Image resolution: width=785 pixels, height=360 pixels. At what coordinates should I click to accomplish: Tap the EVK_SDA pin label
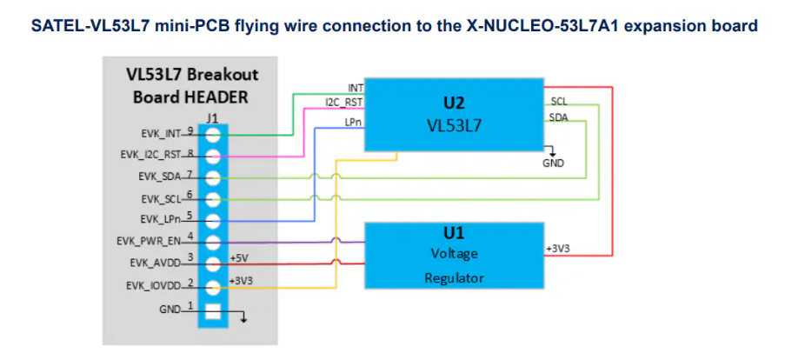click(158, 177)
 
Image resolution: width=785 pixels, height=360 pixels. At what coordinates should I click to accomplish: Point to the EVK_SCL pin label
click(158, 197)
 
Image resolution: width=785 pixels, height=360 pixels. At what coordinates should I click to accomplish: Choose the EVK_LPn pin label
click(159, 218)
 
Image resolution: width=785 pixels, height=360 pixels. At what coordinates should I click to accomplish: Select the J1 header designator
click(213, 116)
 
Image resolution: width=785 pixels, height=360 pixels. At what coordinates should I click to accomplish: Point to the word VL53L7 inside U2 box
click(454, 125)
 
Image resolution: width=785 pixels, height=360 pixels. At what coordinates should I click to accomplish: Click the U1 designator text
click(454, 233)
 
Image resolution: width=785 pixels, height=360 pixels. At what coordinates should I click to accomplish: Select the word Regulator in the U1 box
click(454, 277)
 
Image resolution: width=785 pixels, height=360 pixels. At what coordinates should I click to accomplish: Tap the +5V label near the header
click(239, 258)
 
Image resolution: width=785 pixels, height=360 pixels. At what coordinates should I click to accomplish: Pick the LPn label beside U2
click(353, 123)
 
